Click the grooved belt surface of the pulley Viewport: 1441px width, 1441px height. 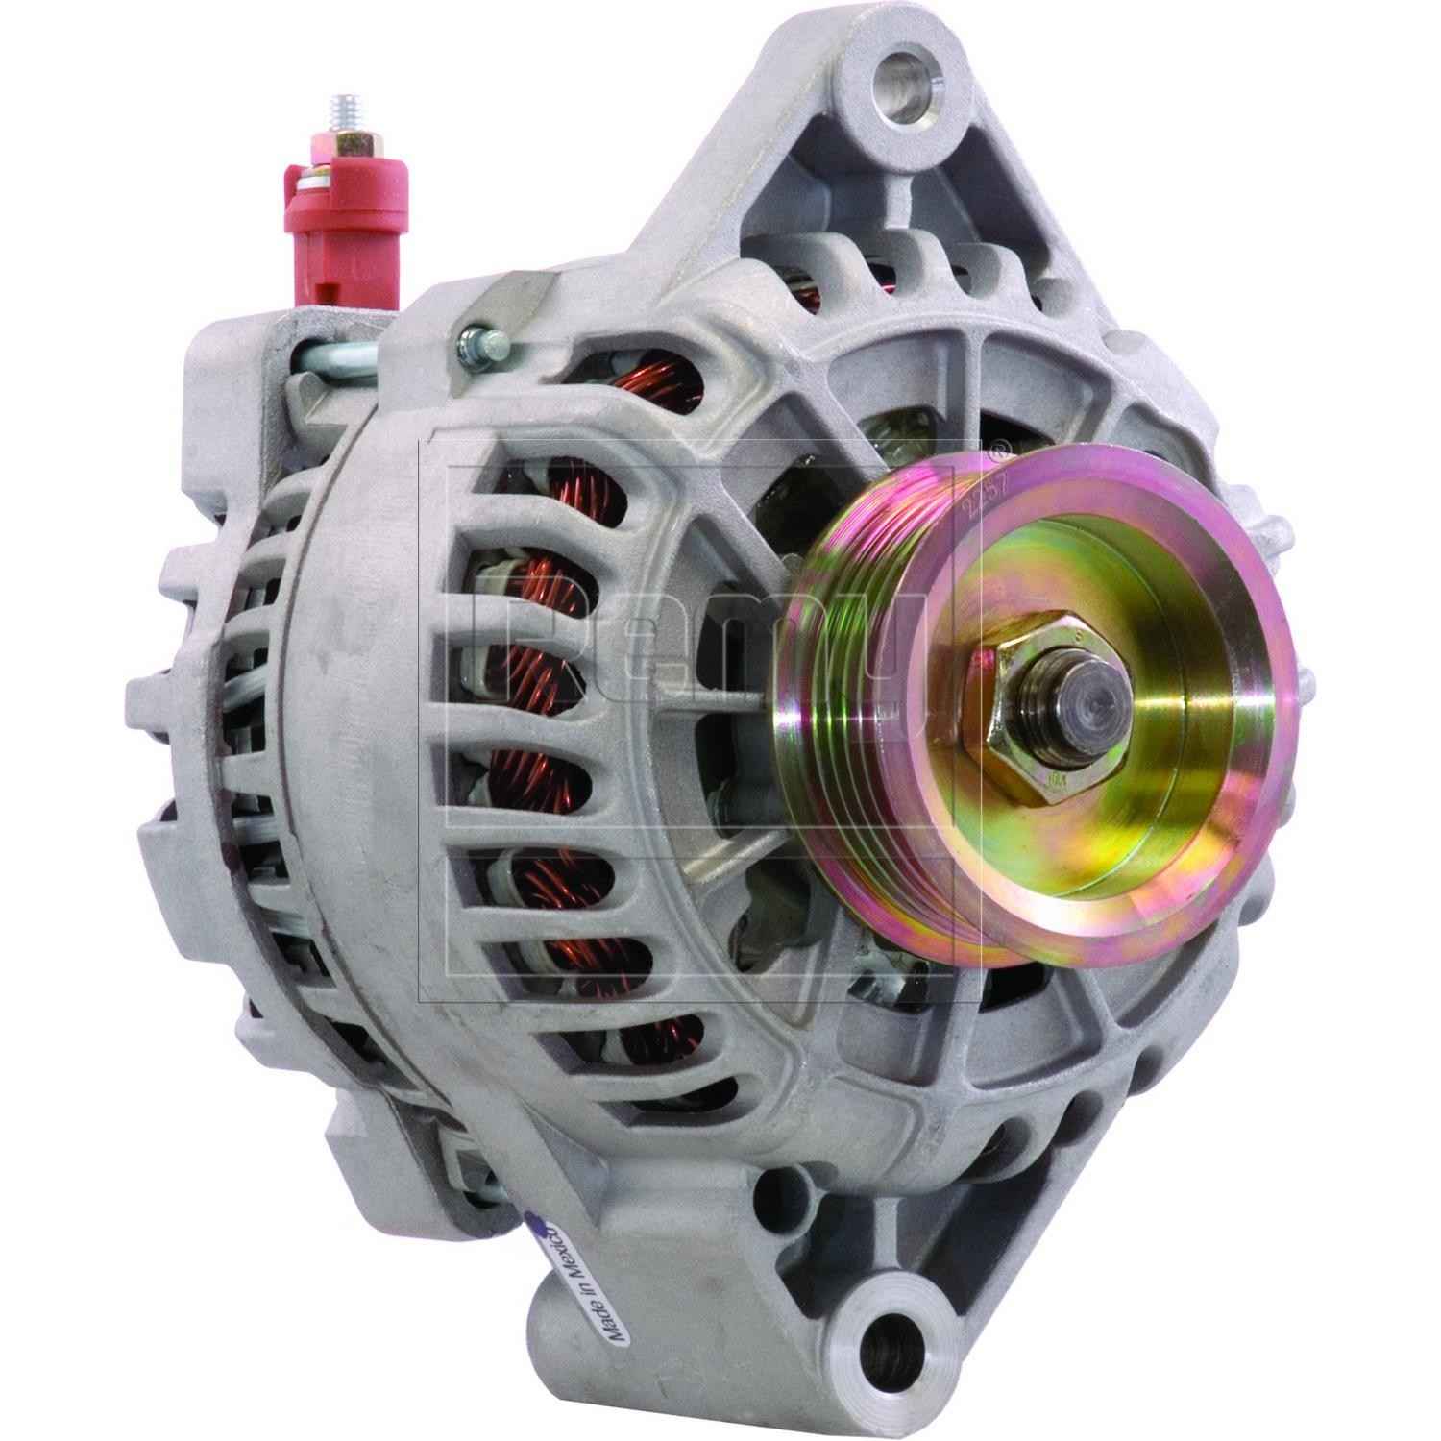pyautogui.click(x=845, y=672)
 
